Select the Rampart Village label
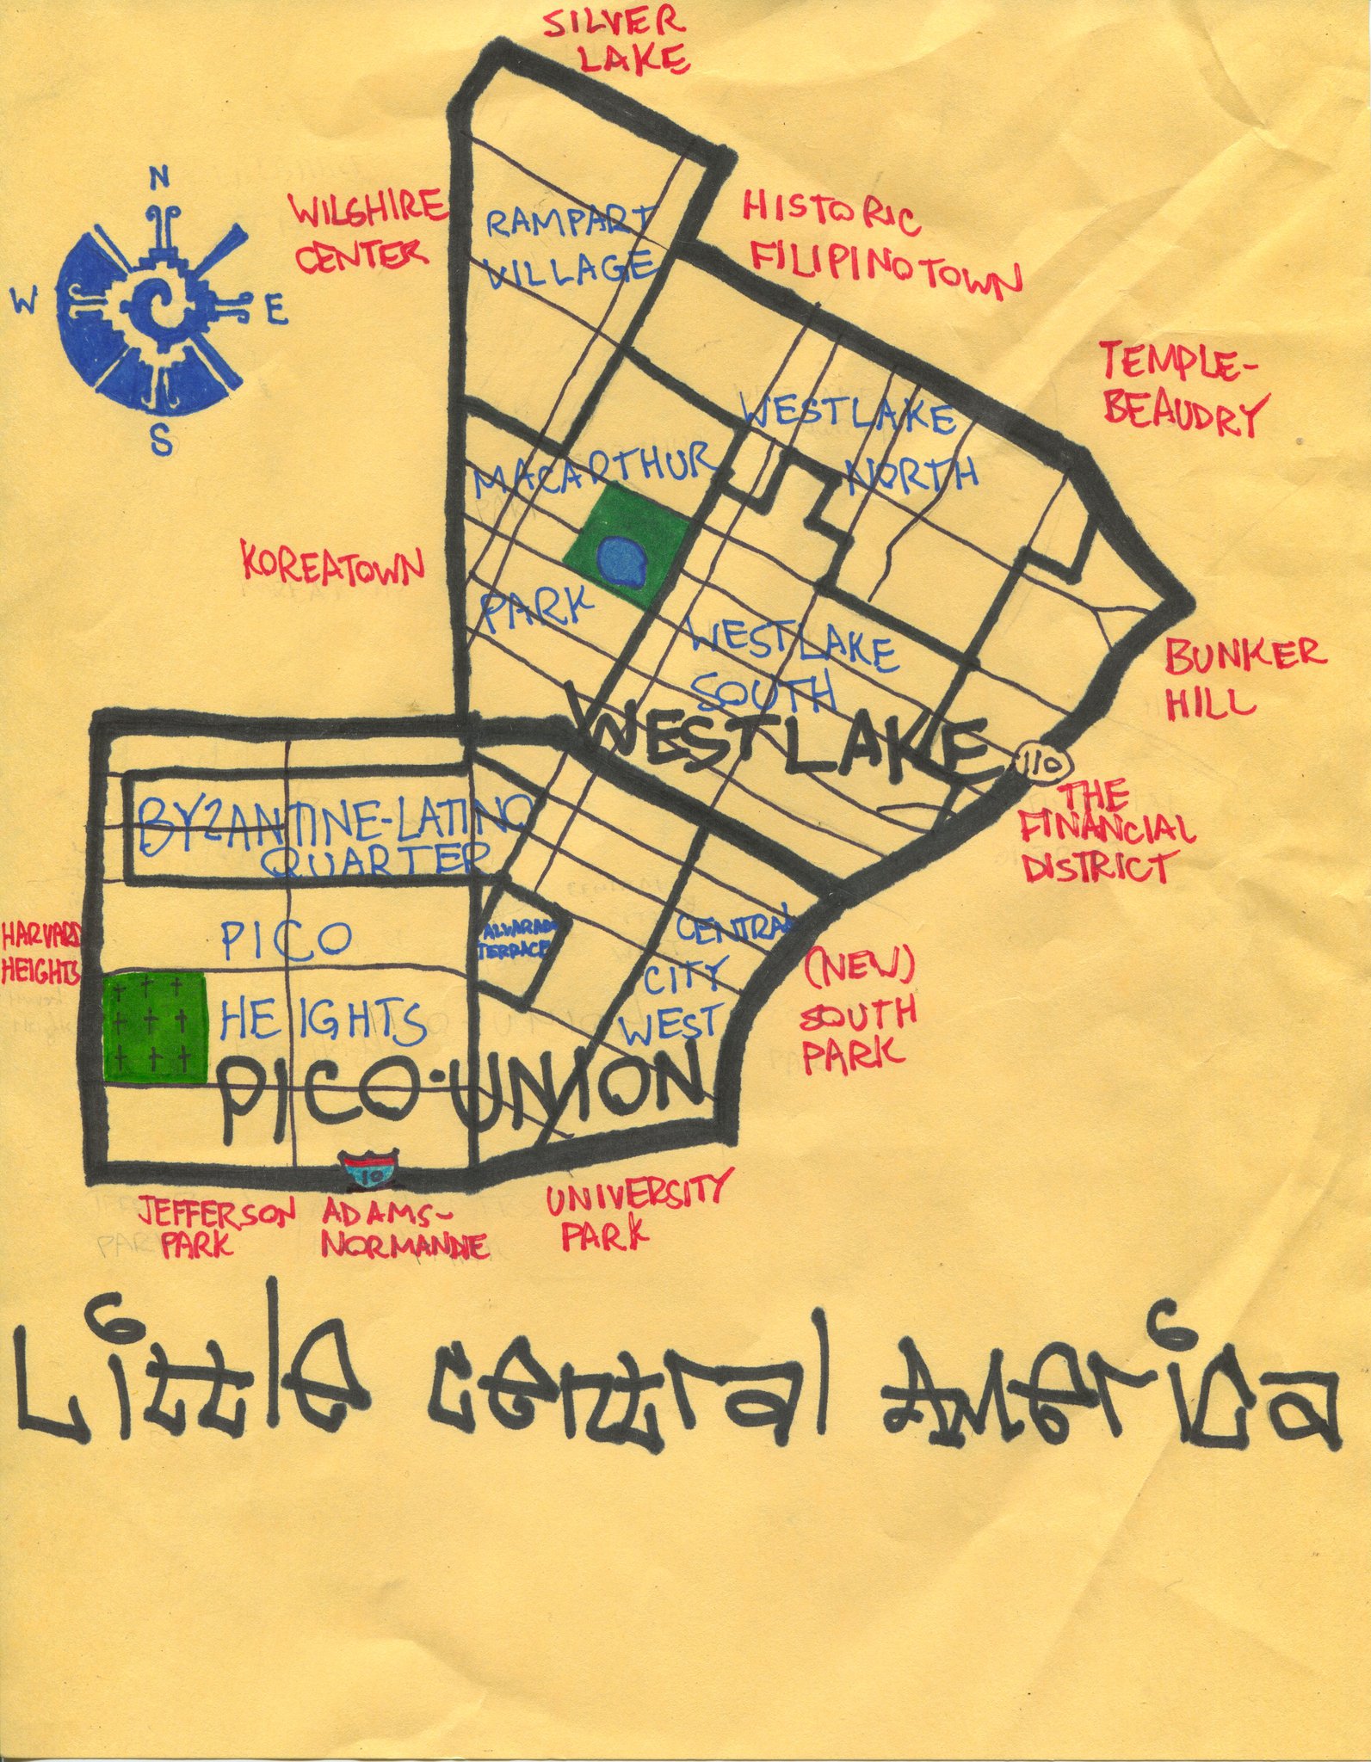click(x=570, y=248)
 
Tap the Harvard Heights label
click(x=41, y=952)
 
